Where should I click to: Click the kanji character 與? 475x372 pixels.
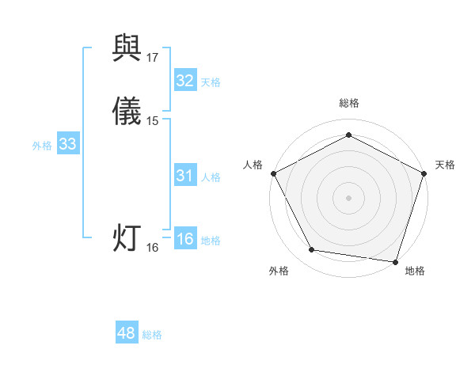coord(127,50)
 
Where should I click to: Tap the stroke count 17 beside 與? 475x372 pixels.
coord(153,58)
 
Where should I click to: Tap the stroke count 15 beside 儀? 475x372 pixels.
coord(153,121)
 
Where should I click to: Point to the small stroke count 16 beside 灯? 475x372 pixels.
coord(153,248)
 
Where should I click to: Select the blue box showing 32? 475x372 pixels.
coord(184,81)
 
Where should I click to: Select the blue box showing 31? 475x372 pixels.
coord(184,176)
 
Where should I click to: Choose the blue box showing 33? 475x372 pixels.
coord(68,144)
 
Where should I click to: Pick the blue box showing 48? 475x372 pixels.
coord(127,333)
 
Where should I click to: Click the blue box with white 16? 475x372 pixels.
coord(184,239)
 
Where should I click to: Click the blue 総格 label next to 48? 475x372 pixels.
coord(152,335)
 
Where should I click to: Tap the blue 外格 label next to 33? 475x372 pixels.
coord(41,146)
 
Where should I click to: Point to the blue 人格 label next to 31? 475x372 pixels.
coord(211,177)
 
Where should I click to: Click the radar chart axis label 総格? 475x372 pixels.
coord(348,103)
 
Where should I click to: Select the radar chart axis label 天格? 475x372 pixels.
coord(445,165)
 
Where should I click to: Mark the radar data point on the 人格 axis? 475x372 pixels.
coord(273,173)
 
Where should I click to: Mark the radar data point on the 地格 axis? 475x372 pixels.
coord(395,261)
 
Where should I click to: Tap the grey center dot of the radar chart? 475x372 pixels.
coord(348,197)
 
